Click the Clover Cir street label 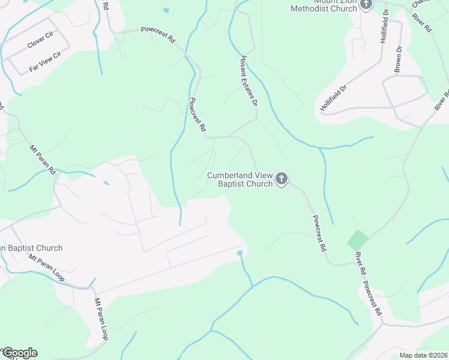click(40, 41)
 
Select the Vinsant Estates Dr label click(249, 81)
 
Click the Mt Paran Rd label click(42, 158)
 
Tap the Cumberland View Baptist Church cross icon click(282, 179)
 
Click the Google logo click(19, 353)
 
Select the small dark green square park click(357, 241)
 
